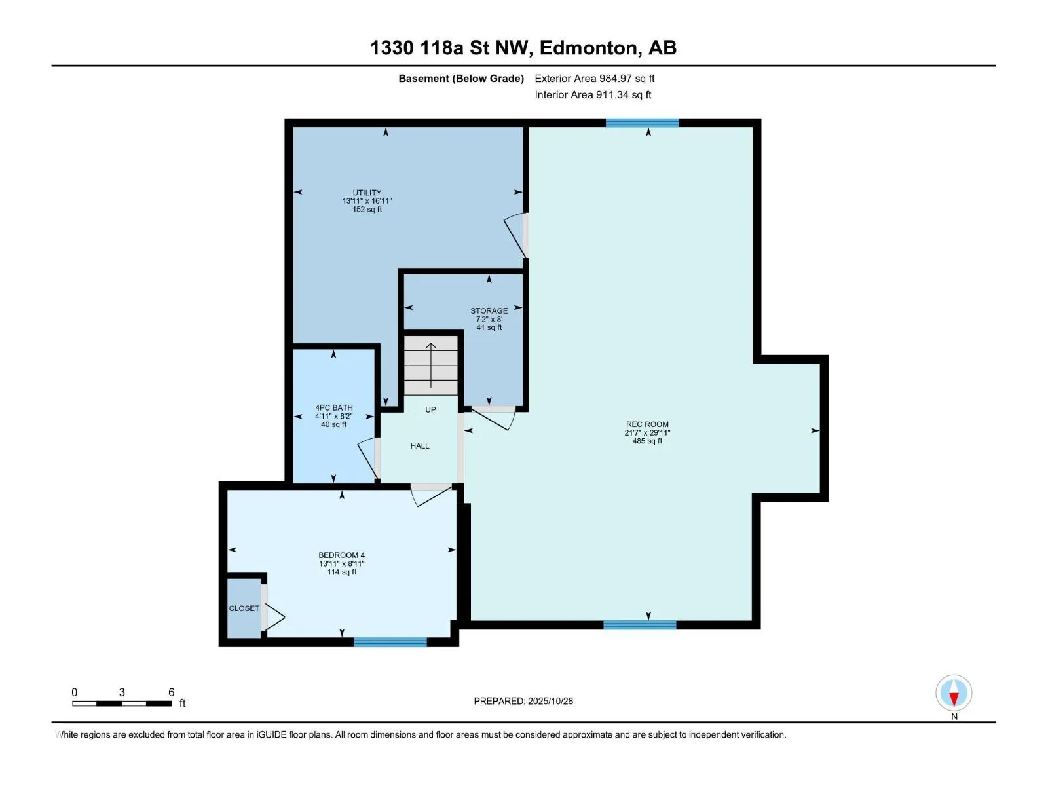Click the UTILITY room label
pyautogui.click(x=367, y=193)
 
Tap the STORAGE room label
pyautogui.click(x=489, y=311)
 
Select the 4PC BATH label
pyautogui.click(x=333, y=408)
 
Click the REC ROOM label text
pyautogui.click(x=647, y=424)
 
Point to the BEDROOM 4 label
pyautogui.click(x=341, y=555)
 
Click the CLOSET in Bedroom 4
pyautogui.click(x=244, y=608)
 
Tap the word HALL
pyautogui.click(x=420, y=446)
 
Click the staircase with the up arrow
pyautogui.click(x=430, y=365)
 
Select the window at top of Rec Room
pyautogui.click(x=642, y=122)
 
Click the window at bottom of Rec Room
pyautogui.click(x=639, y=625)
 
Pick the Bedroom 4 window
pyautogui.click(x=390, y=642)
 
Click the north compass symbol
pyautogui.click(x=954, y=694)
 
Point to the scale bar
pyautogui.click(x=122, y=703)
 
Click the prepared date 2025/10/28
pyautogui.click(x=550, y=701)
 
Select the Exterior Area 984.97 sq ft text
pyautogui.click(x=594, y=79)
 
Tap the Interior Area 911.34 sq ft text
pyautogui.click(x=593, y=95)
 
